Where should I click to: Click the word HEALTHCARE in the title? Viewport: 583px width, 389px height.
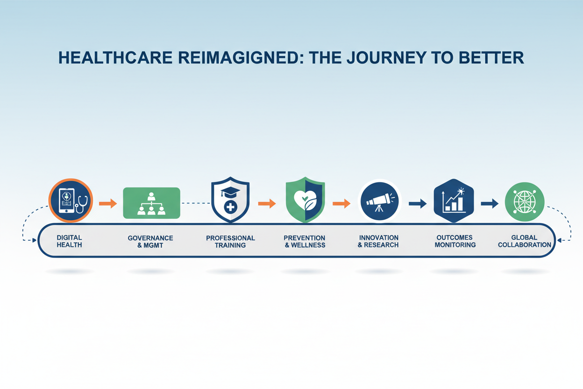115,58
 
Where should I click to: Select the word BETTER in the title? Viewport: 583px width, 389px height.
491,58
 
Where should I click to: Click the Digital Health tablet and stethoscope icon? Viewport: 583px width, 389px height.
71,201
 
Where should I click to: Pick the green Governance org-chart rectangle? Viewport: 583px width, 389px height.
151,203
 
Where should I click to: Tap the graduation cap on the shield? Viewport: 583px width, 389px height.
230,192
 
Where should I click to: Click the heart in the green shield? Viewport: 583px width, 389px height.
305,200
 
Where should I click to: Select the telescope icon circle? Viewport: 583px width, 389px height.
379,201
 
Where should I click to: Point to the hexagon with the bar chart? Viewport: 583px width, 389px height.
454,201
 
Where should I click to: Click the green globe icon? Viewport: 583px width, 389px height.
525,202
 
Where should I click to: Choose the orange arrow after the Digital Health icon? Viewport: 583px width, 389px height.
108,203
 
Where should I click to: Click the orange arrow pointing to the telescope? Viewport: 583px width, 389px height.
341,203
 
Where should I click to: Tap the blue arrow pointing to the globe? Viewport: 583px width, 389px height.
490,203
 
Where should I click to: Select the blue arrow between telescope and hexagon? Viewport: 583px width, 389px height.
418,203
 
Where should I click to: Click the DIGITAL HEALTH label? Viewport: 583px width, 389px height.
69,241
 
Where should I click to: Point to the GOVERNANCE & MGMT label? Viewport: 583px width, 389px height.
150,242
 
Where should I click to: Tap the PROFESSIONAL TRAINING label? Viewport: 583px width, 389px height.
230,242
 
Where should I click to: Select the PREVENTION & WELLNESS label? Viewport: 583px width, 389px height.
305,241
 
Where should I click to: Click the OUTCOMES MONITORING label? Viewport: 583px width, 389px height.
455,241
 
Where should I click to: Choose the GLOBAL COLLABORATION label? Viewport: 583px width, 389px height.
525,241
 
